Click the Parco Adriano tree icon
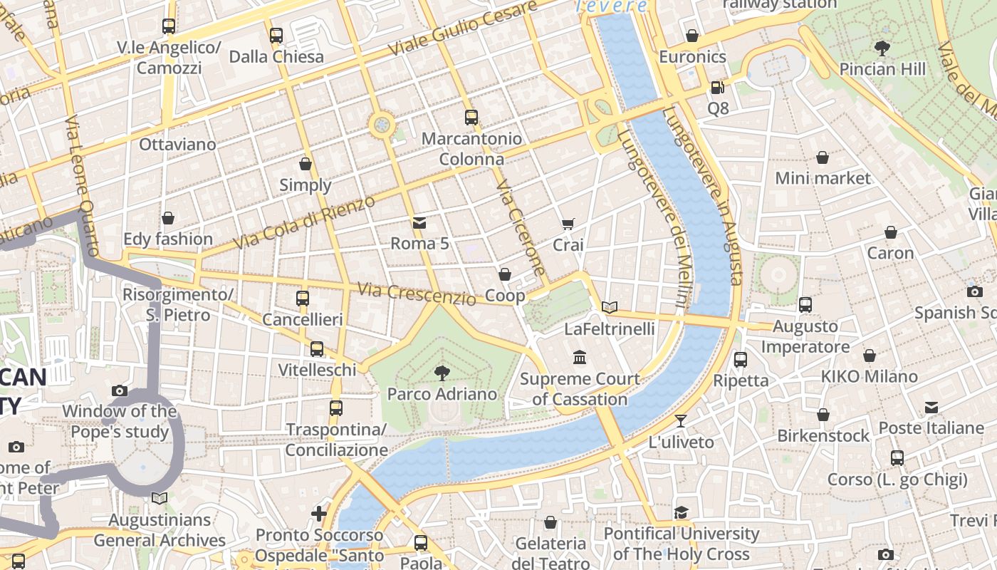[x=442, y=372]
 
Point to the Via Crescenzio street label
[x=416, y=293]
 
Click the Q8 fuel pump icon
[x=717, y=88]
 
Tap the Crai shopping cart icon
[x=568, y=224]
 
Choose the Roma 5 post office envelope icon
[x=419, y=223]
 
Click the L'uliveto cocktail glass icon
[x=681, y=421]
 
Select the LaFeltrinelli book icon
[x=609, y=308]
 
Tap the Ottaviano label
[x=177, y=145]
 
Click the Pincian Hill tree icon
[x=882, y=48]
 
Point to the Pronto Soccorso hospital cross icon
[x=319, y=513]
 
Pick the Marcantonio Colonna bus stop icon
[x=471, y=118]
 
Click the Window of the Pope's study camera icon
[x=120, y=390]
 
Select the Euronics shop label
[x=692, y=57]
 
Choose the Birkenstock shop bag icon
[x=823, y=415]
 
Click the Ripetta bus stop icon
[x=741, y=360]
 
